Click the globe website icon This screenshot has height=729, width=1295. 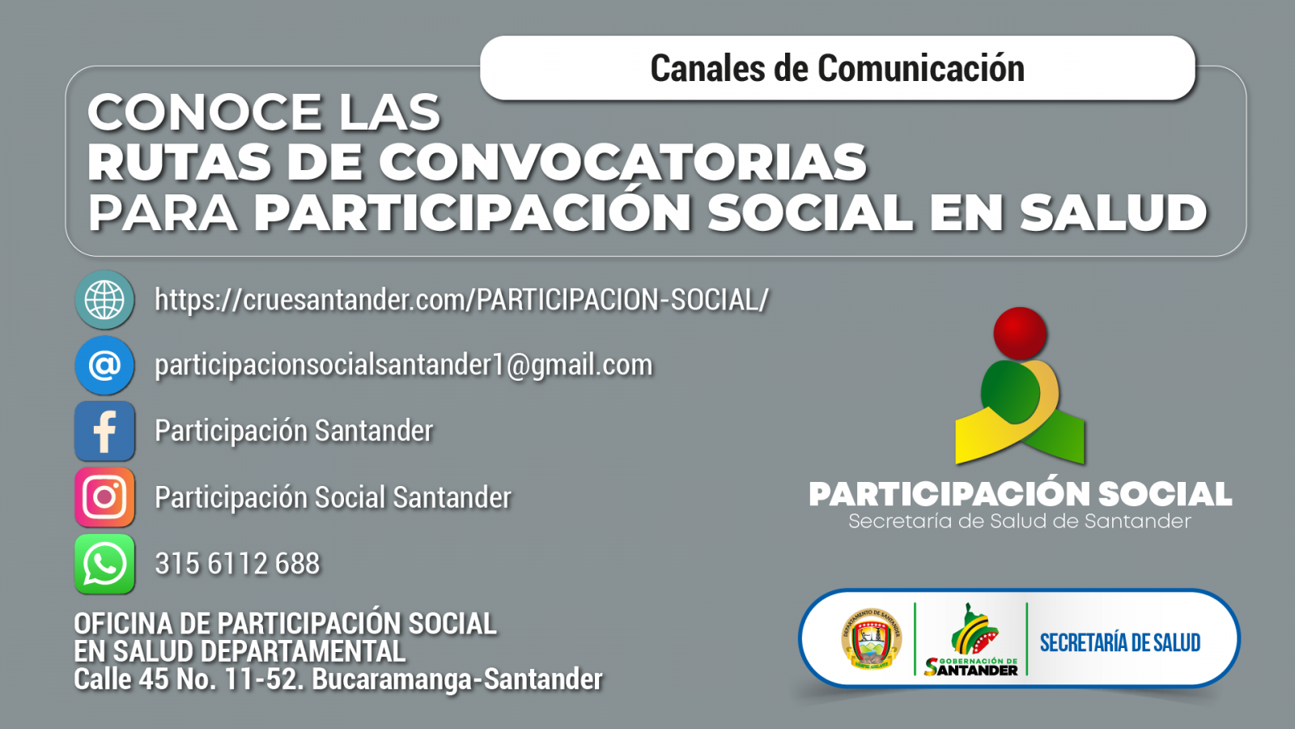point(104,300)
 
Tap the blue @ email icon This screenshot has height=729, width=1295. point(104,365)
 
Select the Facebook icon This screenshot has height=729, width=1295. point(104,431)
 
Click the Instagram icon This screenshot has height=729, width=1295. point(104,497)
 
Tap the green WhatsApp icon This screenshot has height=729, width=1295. point(104,564)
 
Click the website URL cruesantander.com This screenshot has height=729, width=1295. point(461,300)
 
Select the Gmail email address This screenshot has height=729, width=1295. point(404,365)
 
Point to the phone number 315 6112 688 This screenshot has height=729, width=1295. point(237,564)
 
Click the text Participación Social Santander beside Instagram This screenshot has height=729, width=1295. point(333,497)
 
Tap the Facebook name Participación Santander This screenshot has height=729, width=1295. point(294,431)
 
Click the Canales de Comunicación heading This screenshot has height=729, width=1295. point(837,68)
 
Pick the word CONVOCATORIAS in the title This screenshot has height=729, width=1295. point(622,162)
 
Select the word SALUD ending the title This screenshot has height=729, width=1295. point(1114,212)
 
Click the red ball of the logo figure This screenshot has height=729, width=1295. point(1020,333)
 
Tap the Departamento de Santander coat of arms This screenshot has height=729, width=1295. point(871,639)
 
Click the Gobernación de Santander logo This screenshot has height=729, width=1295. point(971,639)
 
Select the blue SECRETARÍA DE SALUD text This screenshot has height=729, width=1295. point(1120,643)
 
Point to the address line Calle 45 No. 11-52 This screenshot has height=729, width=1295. point(338,679)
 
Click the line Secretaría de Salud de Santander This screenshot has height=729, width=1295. point(1020,522)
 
